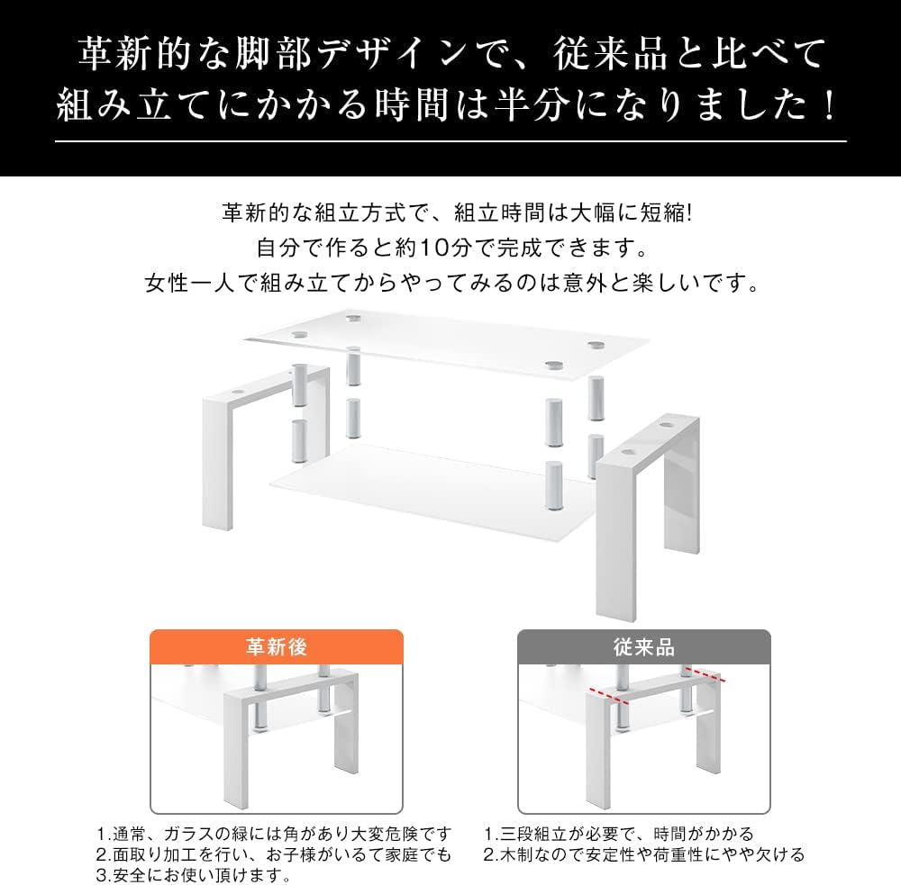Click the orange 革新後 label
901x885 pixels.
(x=277, y=647)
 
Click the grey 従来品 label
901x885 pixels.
(x=643, y=647)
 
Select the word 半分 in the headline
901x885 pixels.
(x=526, y=105)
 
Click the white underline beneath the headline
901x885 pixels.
(x=450, y=141)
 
